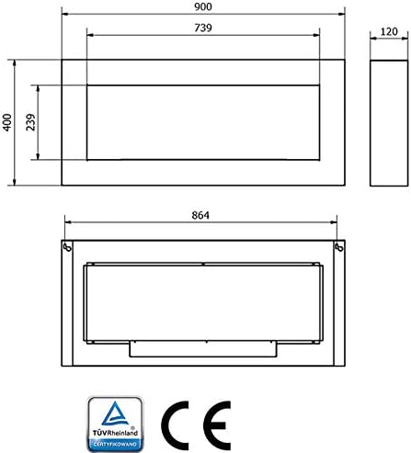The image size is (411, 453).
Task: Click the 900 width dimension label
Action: (203, 6)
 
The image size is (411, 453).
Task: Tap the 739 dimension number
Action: (203, 28)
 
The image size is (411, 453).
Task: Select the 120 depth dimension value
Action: (389, 31)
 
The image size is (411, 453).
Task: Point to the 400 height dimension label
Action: (7, 122)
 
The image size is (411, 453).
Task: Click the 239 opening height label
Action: (30, 122)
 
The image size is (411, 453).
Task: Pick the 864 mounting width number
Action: (200, 215)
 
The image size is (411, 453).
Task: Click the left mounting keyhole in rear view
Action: (67, 247)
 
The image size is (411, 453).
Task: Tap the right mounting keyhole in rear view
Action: (339, 247)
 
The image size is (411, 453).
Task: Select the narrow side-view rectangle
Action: (371, 123)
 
